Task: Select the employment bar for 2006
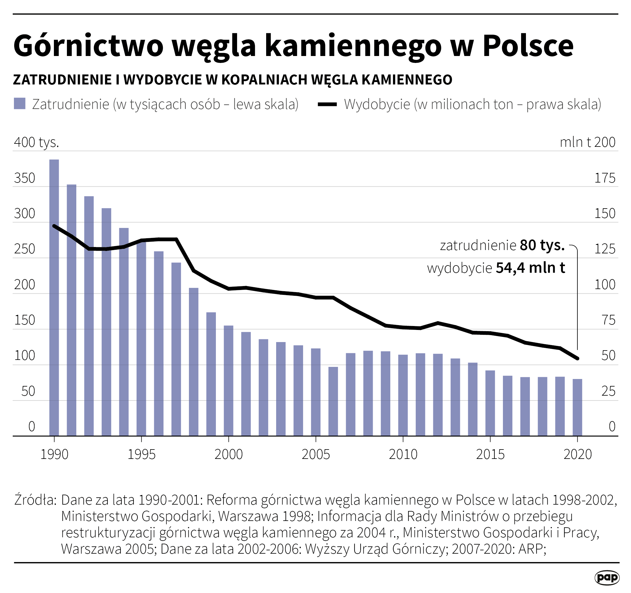[333, 401]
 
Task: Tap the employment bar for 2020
[577, 407]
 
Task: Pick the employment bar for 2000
[229, 381]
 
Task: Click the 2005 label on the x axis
[315, 454]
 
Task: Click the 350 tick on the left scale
[25, 178]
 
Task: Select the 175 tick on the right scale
[605, 178]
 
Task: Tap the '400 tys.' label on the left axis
[37, 142]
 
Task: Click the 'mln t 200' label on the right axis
[587, 142]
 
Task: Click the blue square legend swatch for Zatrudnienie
[20, 104]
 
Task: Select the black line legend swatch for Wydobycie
[327, 104]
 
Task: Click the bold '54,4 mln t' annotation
[530, 268]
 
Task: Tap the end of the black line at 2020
[577, 358]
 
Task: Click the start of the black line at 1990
[54, 226]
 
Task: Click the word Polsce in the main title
[528, 46]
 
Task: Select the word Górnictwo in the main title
[88, 46]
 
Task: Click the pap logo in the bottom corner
[606, 578]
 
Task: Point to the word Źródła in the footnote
[35, 500]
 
